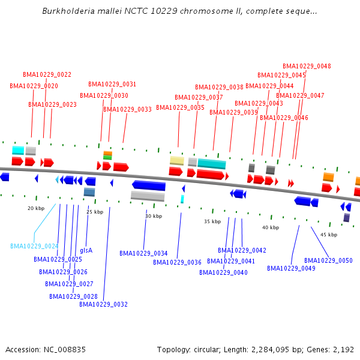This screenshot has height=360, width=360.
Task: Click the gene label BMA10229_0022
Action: click(x=47, y=74)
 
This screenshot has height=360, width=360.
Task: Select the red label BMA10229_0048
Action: click(x=307, y=66)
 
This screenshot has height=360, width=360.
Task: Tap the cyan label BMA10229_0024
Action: click(x=34, y=246)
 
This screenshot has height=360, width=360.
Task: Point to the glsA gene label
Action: click(x=86, y=250)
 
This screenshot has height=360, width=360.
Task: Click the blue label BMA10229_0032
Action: click(x=103, y=304)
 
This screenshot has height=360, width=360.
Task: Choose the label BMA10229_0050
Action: click(x=328, y=260)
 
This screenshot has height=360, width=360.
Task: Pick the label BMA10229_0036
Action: click(x=177, y=262)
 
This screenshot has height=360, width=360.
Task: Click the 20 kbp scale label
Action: click(x=36, y=208)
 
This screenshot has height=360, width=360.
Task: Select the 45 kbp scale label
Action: click(x=329, y=235)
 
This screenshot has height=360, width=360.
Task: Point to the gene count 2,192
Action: click(x=344, y=349)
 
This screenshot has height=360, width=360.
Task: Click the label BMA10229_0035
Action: click(x=180, y=107)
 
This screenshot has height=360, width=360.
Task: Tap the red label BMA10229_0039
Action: click(x=233, y=112)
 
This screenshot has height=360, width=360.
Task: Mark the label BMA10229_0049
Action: click(x=291, y=268)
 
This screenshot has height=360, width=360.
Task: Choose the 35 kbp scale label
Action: click(x=212, y=221)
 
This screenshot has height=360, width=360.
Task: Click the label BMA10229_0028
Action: click(x=73, y=296)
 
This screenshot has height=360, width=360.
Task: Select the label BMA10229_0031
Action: click(x=112, y=84)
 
